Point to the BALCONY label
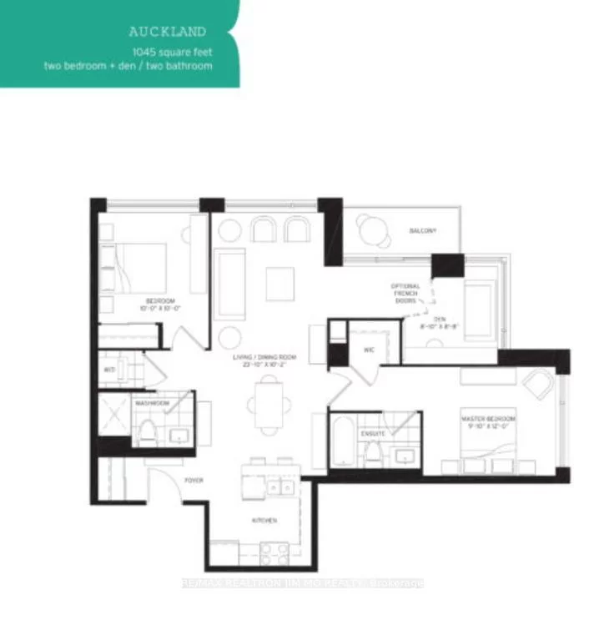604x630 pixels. pos(423,230)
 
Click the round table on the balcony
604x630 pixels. pos(373,229)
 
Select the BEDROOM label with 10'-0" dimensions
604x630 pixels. pos(159,300)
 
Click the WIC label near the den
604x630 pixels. pos(369,350)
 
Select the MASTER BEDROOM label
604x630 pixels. pos(489,419)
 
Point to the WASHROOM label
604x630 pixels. pos(154,403)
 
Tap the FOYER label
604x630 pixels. pos(194,480)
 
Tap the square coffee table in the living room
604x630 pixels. pos(279,283)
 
